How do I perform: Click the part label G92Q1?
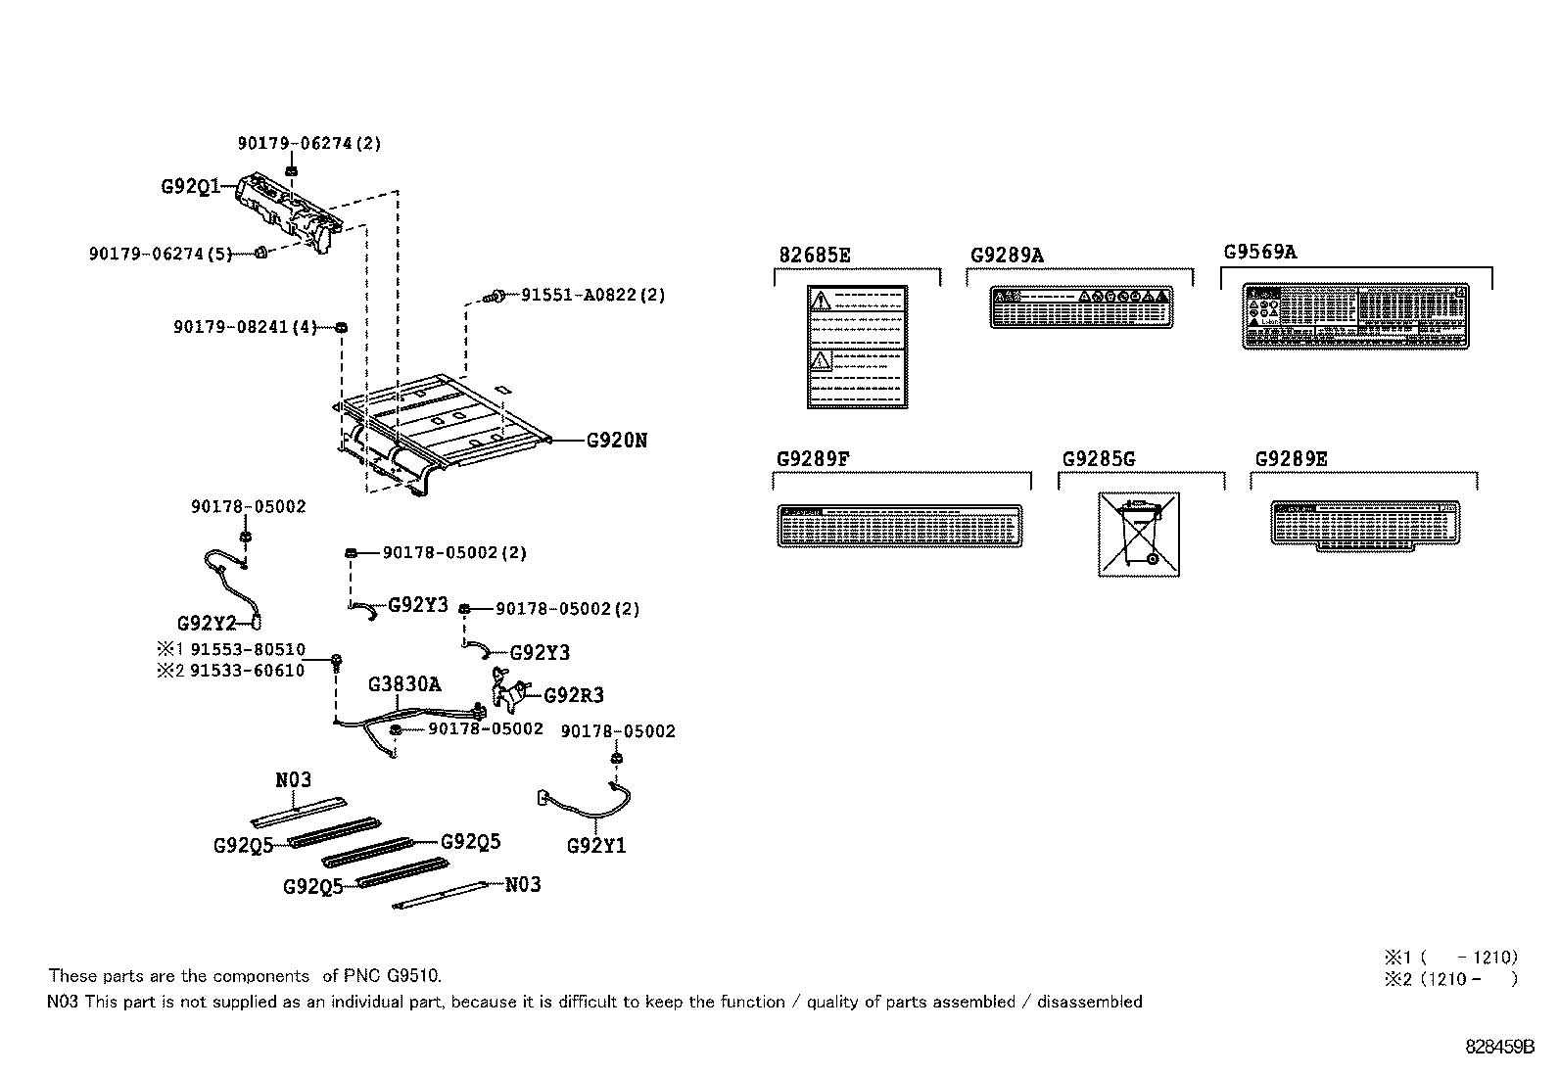pos(190,185)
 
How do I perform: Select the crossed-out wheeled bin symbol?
pos(1138,535)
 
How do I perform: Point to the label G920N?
pos(616,441)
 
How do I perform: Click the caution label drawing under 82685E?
pos(856,347)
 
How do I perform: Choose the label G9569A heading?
pos(1259,252)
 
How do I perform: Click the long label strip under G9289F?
pos(899,527)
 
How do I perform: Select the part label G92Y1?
pos(595,846)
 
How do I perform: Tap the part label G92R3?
pos(573,696)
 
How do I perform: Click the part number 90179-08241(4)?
pos(245,327)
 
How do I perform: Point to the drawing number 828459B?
pos(1499,1047)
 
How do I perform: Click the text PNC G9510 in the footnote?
pos(392,976)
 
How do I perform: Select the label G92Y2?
pos(206,624)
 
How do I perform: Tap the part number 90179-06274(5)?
pos(161,254)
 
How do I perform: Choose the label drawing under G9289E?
pos(1363,526)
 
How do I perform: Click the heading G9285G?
pos(1098,459)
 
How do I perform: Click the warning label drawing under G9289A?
pos(1080,307)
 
